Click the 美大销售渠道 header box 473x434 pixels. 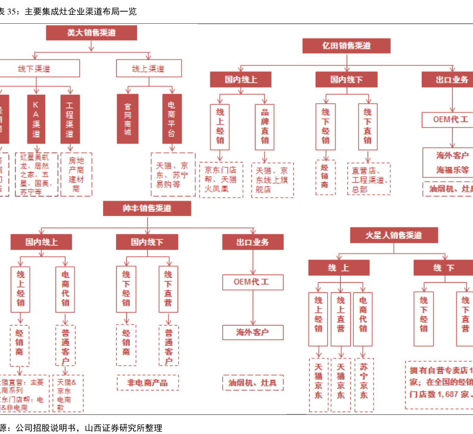[x=91, y=33]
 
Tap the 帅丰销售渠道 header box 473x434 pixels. [x=147, y=208]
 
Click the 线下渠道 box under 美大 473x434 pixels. [x=34, y=69]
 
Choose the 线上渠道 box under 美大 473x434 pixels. [x=148, y=69]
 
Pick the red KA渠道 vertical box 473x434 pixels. [x=36, y=118]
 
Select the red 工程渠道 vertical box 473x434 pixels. [x=70, y=118]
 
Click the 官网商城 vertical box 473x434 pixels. [x=127, y=118]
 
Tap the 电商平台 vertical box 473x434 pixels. [x=172, y=118]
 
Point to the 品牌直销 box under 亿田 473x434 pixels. [x=264, y=126]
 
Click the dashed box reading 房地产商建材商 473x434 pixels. [x=76, y=174]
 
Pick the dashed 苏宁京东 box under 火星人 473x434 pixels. [x=363, y=385]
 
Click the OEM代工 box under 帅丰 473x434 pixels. [x=253, y=281]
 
